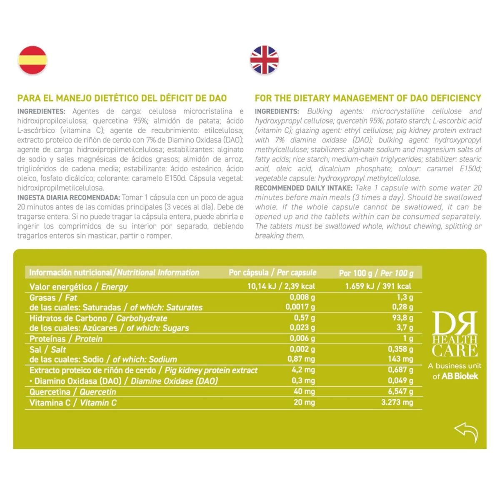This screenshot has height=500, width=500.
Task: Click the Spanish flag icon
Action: click(32, 60)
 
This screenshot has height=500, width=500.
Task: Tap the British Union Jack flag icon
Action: click(264, 60)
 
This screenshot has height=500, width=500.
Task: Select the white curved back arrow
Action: click(466, 432)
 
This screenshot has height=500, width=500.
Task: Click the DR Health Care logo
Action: click(455, 334)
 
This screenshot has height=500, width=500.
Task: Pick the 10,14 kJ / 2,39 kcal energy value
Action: click(281, 286)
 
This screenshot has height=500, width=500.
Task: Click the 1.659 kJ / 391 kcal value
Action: click(378, 286)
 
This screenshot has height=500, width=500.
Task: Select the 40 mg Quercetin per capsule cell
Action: click(304, 392)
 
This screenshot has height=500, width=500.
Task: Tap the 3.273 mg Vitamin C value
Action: click(397, 402)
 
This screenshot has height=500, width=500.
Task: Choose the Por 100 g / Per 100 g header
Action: click(376, 273)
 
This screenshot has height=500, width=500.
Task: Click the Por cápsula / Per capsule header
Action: click(272, 272)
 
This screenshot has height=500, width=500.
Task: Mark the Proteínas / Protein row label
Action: click(66, 339)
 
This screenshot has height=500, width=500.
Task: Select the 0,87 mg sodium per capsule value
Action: click(301, 359)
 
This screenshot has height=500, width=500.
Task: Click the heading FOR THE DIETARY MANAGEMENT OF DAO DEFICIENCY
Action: click(368, 98)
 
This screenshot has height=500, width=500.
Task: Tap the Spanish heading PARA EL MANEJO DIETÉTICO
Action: click(122, 98)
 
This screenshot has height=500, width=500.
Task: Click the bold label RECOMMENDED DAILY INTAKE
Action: click(304, 188)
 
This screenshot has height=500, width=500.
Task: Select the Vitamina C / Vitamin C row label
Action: click(73, 403)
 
